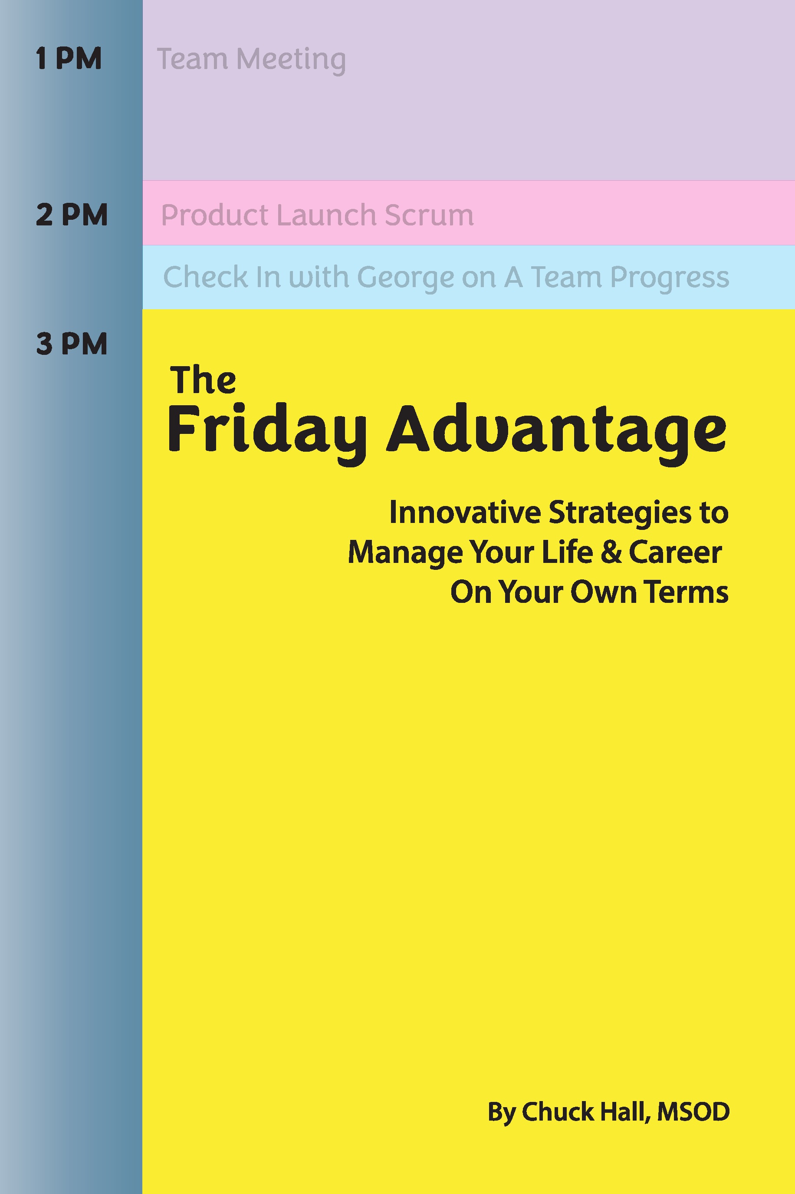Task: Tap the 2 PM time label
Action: [72, 215]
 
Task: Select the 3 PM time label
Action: [72, 344]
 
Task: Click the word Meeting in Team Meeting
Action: [291, 60]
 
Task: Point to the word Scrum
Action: [429, 215]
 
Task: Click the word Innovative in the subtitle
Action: [465, 512]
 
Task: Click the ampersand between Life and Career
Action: [611, 552]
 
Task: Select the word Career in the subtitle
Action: [675, 552]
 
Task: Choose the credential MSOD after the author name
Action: [693, 1112]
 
